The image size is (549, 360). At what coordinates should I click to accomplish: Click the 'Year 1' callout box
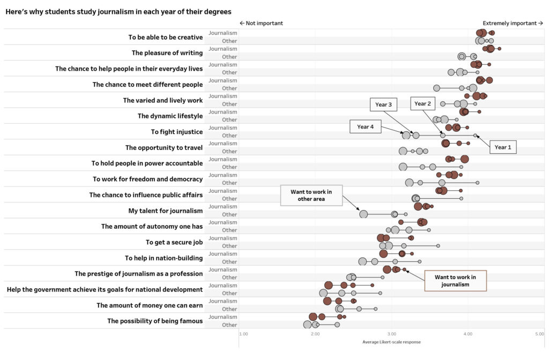(x=502, y=147)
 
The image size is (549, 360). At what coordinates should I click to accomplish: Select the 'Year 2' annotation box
(x=422, y=104)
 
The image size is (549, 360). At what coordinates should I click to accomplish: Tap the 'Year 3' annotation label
(x=383, y=104)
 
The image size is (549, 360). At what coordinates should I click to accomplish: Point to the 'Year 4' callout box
(x=365, y=127)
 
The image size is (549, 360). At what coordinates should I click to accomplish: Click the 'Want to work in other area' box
(x=311, y=195)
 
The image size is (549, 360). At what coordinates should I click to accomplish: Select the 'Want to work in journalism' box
(x=455, y=281)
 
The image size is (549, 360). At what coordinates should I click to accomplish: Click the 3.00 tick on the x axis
(x=391, y=334)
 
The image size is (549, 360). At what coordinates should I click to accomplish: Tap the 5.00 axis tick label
(x=539, y=334)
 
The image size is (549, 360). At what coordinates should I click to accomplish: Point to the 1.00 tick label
(x=243, y=334)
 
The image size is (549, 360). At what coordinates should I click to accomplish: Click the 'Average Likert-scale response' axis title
(x=391, y=342)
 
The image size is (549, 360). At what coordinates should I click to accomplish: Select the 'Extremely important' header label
(x=513, y=23)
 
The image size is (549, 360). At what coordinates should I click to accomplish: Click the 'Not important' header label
(x=261, y=23)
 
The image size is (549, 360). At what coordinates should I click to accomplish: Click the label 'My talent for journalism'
(x=165, y=211)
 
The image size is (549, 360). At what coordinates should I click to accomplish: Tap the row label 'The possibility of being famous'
(x=155, y=321)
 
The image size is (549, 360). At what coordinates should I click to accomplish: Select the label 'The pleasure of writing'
(x=167, y=53)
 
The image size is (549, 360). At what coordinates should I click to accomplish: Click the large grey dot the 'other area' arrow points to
(x=363, y=214)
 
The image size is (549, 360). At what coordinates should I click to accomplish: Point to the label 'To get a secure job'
(x=174, y=242)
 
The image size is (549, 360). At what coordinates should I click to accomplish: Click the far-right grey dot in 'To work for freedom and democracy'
(x=477, y=183)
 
